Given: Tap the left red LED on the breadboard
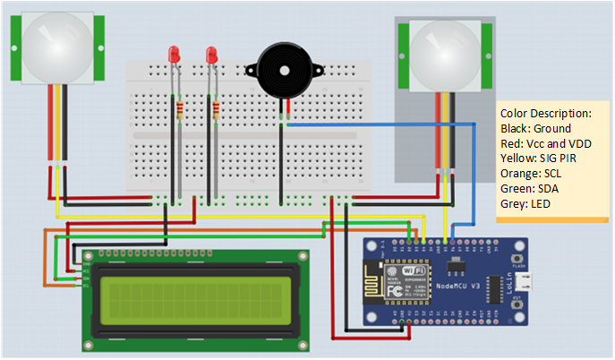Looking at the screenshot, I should tap(175, 55).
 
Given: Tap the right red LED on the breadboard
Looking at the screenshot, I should tap(212, 55).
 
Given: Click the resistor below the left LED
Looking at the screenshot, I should tap(182, 111).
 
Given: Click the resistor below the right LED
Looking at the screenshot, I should tap(217, 111).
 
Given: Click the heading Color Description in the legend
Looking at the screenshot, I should tap(546, 114).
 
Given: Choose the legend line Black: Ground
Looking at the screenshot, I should tap(534, 129).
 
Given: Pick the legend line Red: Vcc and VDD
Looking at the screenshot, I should tap(545, 143).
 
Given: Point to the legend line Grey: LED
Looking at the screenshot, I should tap(525, 204).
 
